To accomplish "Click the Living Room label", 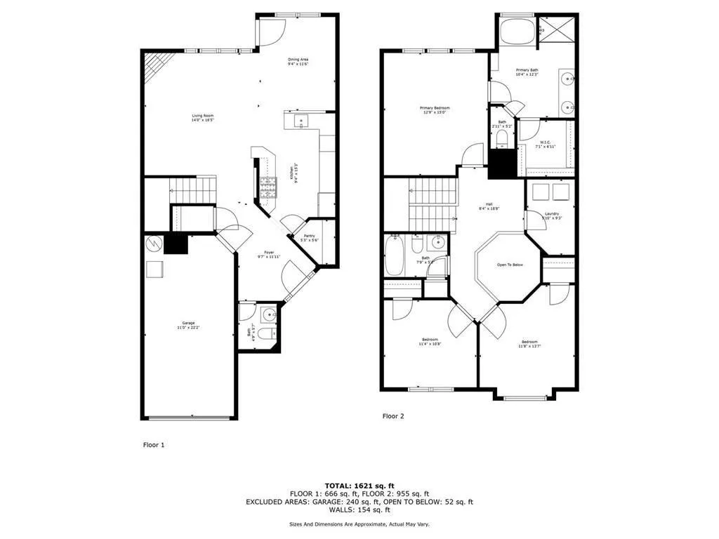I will [x=203, y=118].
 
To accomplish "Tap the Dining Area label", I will [x=298, y=61].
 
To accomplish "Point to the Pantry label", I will [x=309, y=238].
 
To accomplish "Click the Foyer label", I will [x=269, y=254].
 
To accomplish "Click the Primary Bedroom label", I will [x=434, y=110].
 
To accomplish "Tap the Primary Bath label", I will [x=527, y=72].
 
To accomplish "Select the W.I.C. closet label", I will [x=544, y=145].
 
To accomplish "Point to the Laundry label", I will [x=551, y=215].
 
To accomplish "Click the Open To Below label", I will [x=510, y=265].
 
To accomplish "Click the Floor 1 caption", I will [x=154, y=444].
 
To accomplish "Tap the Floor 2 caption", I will [x=393, y=416].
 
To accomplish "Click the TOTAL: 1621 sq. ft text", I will [x=359, y=486].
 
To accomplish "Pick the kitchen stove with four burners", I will [x=268, y=185].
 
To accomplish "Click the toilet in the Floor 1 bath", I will [x=265, y=335].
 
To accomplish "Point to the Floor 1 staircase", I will [x=192, y=189].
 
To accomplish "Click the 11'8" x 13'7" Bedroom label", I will [x=529, y=344].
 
